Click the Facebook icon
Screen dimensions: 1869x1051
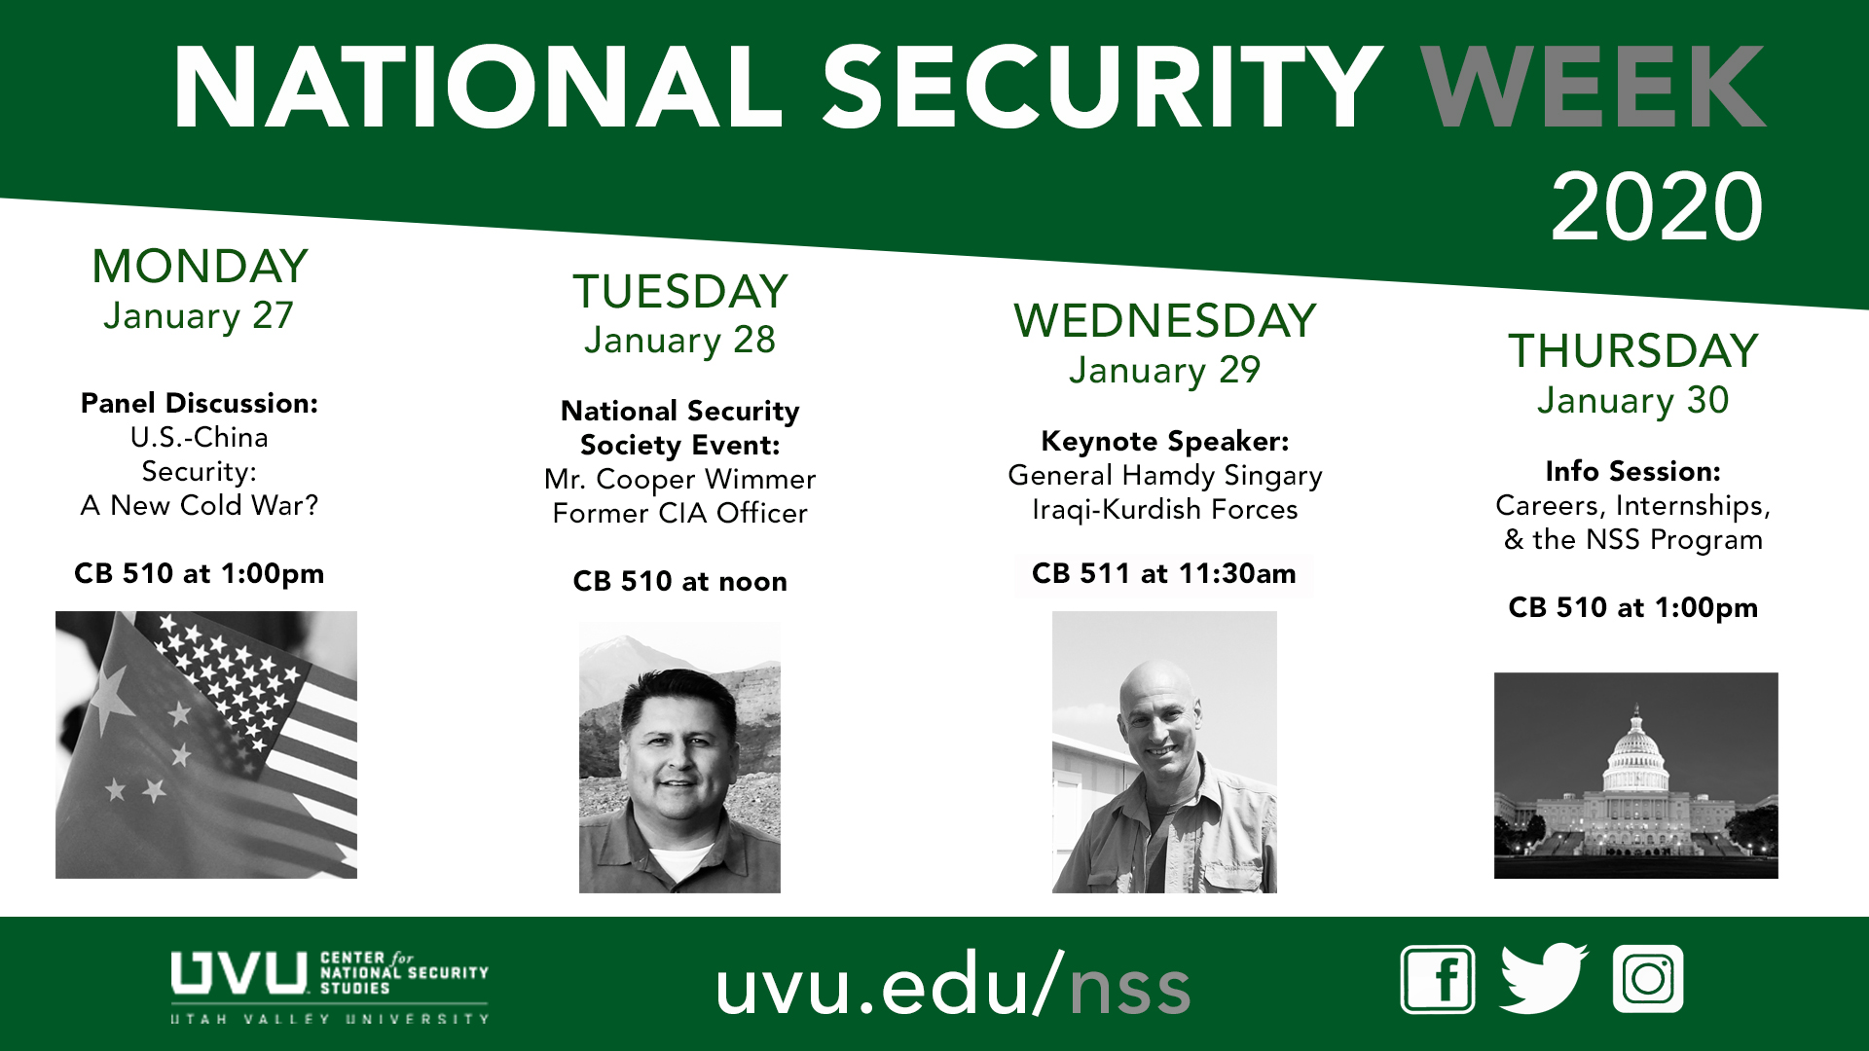tap(1438, 979)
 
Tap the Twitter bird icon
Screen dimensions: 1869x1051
tap(1544, 978)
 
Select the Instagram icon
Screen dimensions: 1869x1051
tap(1648, 979)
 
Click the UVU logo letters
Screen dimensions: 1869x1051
tap(239, 973)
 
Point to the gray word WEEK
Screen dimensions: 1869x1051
tap(1594, 87)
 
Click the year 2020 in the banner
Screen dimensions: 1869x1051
tap(1657, 206)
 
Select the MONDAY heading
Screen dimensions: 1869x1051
tap(200, 266)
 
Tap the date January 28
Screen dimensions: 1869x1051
tap(679, 341)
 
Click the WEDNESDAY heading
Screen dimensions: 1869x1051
tap(1164, 320)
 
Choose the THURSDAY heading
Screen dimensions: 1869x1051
tap(1633, 350)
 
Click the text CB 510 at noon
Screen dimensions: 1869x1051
tap(679, 581)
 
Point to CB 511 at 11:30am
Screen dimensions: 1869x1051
tap(1163, 573)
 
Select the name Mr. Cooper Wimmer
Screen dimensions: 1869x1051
tap(679, 479)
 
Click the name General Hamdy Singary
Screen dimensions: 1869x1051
tap(1164, 475)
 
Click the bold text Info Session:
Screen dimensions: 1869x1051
tap(1633, 471)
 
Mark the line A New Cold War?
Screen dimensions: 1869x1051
tap(200, 505)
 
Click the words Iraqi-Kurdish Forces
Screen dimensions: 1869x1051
tap(1164, 509)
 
